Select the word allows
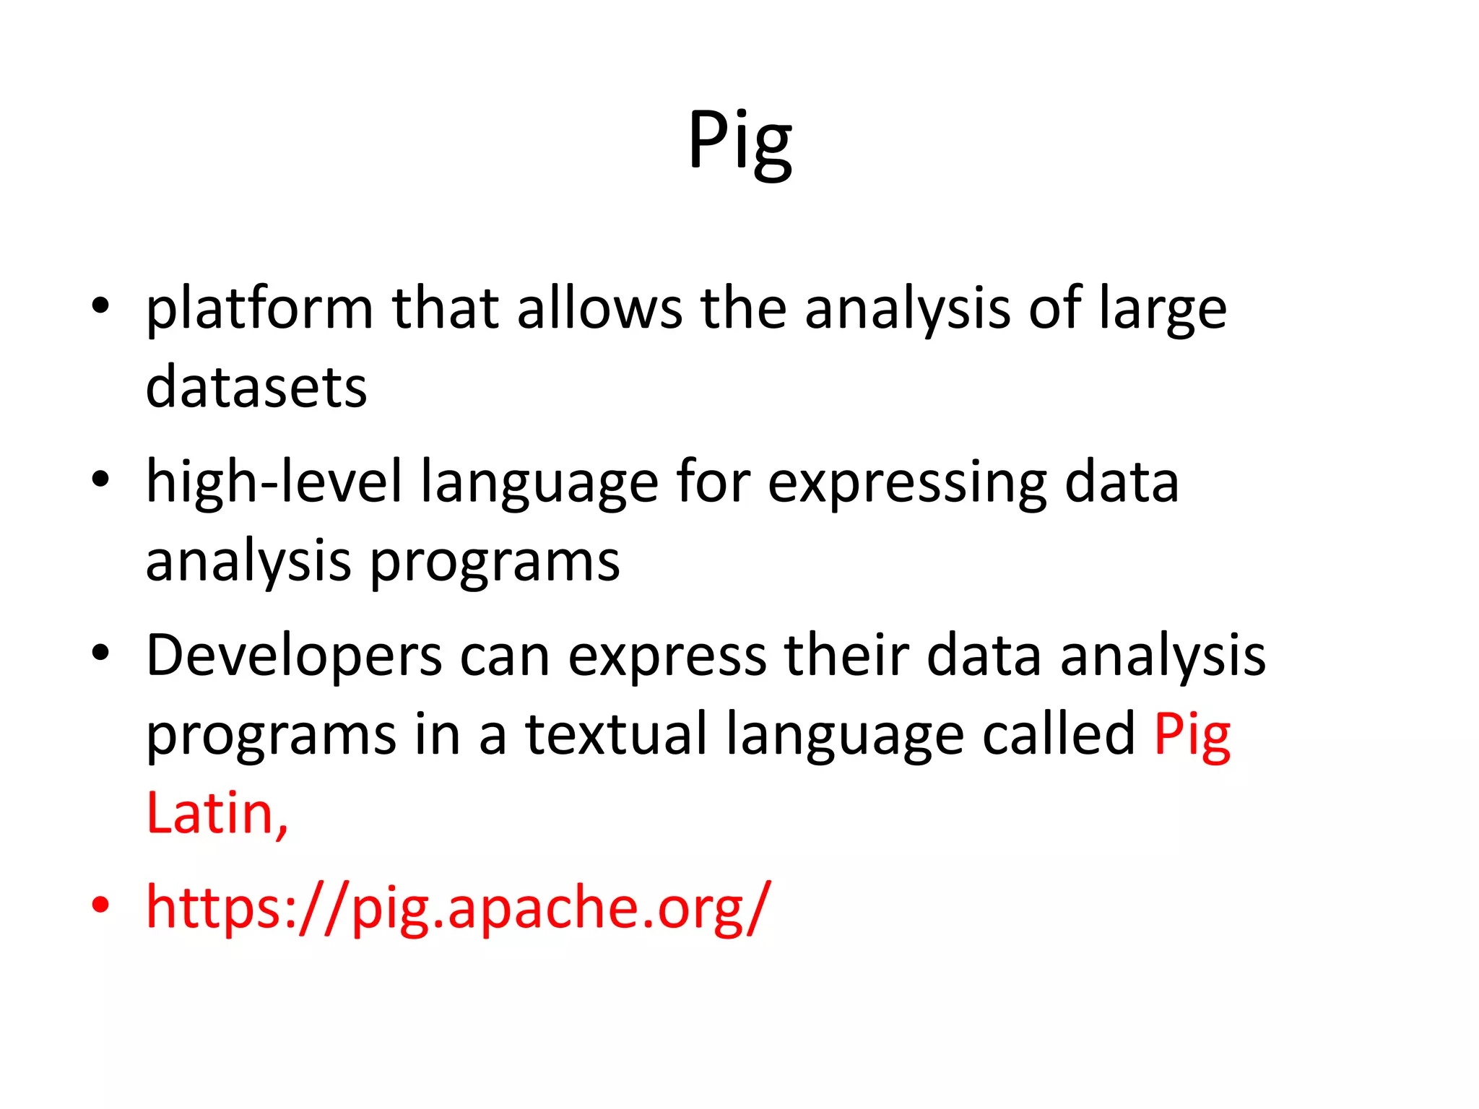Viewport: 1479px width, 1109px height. click(x=599, y=308)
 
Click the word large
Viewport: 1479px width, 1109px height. click(x=1162, y=310)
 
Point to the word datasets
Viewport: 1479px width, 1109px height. click(x=256, y=388)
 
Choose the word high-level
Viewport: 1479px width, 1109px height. click(x=274, y=482)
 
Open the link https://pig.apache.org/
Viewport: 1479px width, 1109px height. click(x=459, y=908)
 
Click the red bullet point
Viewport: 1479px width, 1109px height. click(x=100, y=905)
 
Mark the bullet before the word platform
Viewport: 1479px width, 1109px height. click(x=100, y=306)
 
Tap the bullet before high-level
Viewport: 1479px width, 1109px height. click(x=100, y=479)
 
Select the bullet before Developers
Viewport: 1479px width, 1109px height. click(x=100, y=653)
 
